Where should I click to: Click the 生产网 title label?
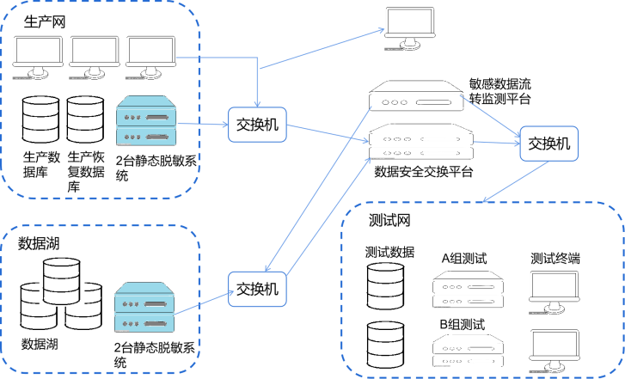46,20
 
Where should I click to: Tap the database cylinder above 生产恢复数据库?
85,119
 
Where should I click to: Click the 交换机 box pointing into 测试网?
548,144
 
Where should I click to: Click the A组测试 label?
464,258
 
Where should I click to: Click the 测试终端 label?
555,258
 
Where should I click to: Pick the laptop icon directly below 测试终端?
555,290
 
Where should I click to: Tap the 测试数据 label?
390,253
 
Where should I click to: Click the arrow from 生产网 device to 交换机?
203,123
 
